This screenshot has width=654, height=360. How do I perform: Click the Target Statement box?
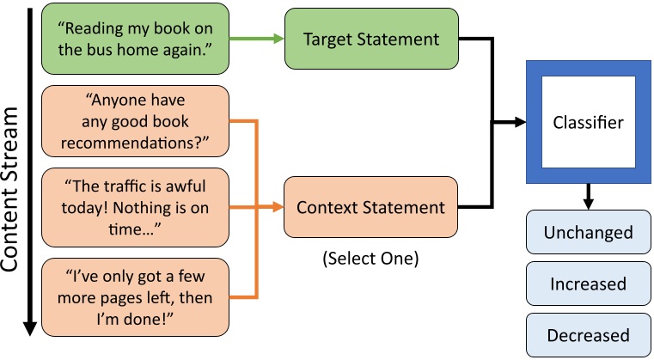pyautogui.click(x=370, y=39)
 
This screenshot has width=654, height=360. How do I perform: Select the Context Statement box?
pyautogui.click(x=370, y=207)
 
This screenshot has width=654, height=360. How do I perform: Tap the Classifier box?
pyautogui.click(x=588, y=122)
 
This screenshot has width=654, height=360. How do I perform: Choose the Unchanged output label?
pyautogui.click(x=588, y=233)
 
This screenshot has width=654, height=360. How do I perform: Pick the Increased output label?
pyautogui.click(x=588, y=284)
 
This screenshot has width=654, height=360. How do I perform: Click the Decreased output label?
pyautogui.click(x=588, y=334)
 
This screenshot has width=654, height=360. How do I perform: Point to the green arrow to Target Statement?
pyautogui.click(x=258, y=39)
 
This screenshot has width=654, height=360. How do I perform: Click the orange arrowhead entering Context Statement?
pyautogui.click(x=278, y=207)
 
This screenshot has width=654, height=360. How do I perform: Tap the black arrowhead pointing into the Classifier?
pyautogui.click(x=519, y=122)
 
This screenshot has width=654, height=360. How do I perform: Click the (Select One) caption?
pyautogui.click(x=370, y=257)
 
